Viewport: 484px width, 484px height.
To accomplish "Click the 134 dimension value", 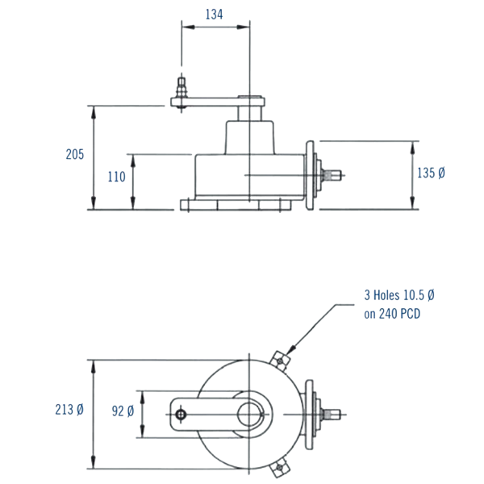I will pyautogui.click(x=213, y=14).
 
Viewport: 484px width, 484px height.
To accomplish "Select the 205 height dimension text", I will pyautogui.click(x=74, y=155).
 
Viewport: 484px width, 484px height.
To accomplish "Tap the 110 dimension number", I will pyautogui.click(x=117, y=177).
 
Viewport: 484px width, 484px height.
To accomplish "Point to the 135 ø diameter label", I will pyautogui.click(x=432, y=173).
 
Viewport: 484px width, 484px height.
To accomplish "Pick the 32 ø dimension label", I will pyautogui.click(x=123, y=411).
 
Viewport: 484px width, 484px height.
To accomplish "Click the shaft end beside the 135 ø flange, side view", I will pyautogui.click(x=334, y=174).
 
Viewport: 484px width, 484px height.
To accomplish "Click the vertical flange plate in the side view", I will pyautogui.click(x=309, y=174).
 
